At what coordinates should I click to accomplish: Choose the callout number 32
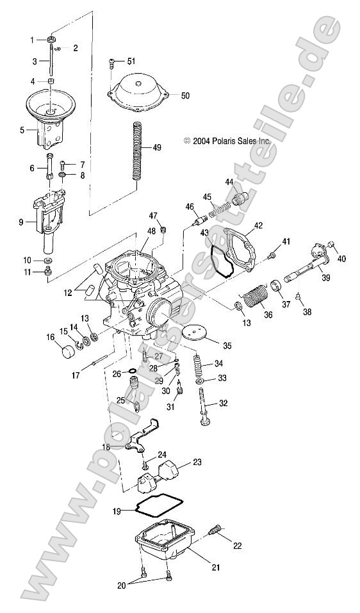pos(223,404)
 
